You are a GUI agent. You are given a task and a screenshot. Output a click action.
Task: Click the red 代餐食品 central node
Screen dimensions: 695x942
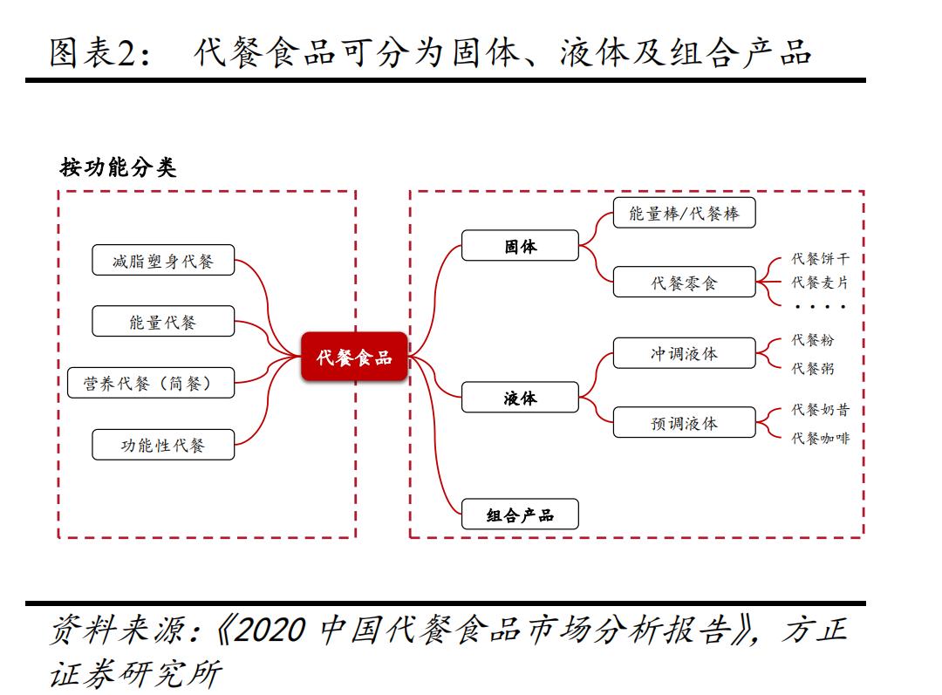pyautogui.click(x=354, y=357)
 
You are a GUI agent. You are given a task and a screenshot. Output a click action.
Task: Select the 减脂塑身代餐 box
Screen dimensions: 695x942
pyautogui.click(x=163, y=260)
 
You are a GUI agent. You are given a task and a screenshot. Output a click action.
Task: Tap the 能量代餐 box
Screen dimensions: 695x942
pyautogui.click(x=163, y=322)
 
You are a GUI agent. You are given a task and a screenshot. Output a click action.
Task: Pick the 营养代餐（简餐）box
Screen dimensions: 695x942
pyautogui.click(x=151, y=383)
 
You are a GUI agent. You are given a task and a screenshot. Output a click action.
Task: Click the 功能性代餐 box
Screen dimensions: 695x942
pyautogui.click(x=163, y=445)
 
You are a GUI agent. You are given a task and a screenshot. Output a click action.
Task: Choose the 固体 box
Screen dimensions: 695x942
pyautogui.click(x=520, y=247)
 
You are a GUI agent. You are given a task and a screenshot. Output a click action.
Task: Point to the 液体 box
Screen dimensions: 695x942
pyautogui.click(x=520, y=398)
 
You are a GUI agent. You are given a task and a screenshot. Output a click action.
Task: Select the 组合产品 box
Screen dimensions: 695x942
pyautogui.click(x=520, y=514)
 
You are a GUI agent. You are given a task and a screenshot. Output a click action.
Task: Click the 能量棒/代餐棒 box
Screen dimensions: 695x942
pyautogui.click(x=684, y=214)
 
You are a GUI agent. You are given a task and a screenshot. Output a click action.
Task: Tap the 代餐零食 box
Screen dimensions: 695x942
pyautogui.click(x=684, y=283)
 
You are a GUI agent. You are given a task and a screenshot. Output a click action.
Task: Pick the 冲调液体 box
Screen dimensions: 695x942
pyautogui.click(x=684, y=353)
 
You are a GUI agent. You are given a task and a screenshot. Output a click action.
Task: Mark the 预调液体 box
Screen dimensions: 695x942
pyautogui.click(x=684, y=423)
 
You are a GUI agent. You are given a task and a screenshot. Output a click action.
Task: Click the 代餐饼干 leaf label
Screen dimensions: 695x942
pyautogui.click(x=819, y=258)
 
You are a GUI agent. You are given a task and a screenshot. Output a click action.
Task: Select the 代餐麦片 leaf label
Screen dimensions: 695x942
pyautogui.click(x=819, y=282)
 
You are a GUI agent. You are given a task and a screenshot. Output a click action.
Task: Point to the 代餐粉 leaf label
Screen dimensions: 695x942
pyautogui.click(x=812, y=339)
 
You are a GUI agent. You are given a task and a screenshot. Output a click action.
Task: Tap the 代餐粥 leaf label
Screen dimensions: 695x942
pyautogui.click(x=812, y=368)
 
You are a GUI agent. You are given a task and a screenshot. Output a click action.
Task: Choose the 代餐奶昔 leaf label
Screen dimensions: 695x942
pyautogui.click(x=819, y=409)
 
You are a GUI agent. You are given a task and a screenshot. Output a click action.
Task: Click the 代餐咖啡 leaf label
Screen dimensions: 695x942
pyautogui.click(x=819, y=438)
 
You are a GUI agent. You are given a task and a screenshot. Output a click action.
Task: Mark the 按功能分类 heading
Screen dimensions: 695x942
pyautogui.click(x=118, y=167)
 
